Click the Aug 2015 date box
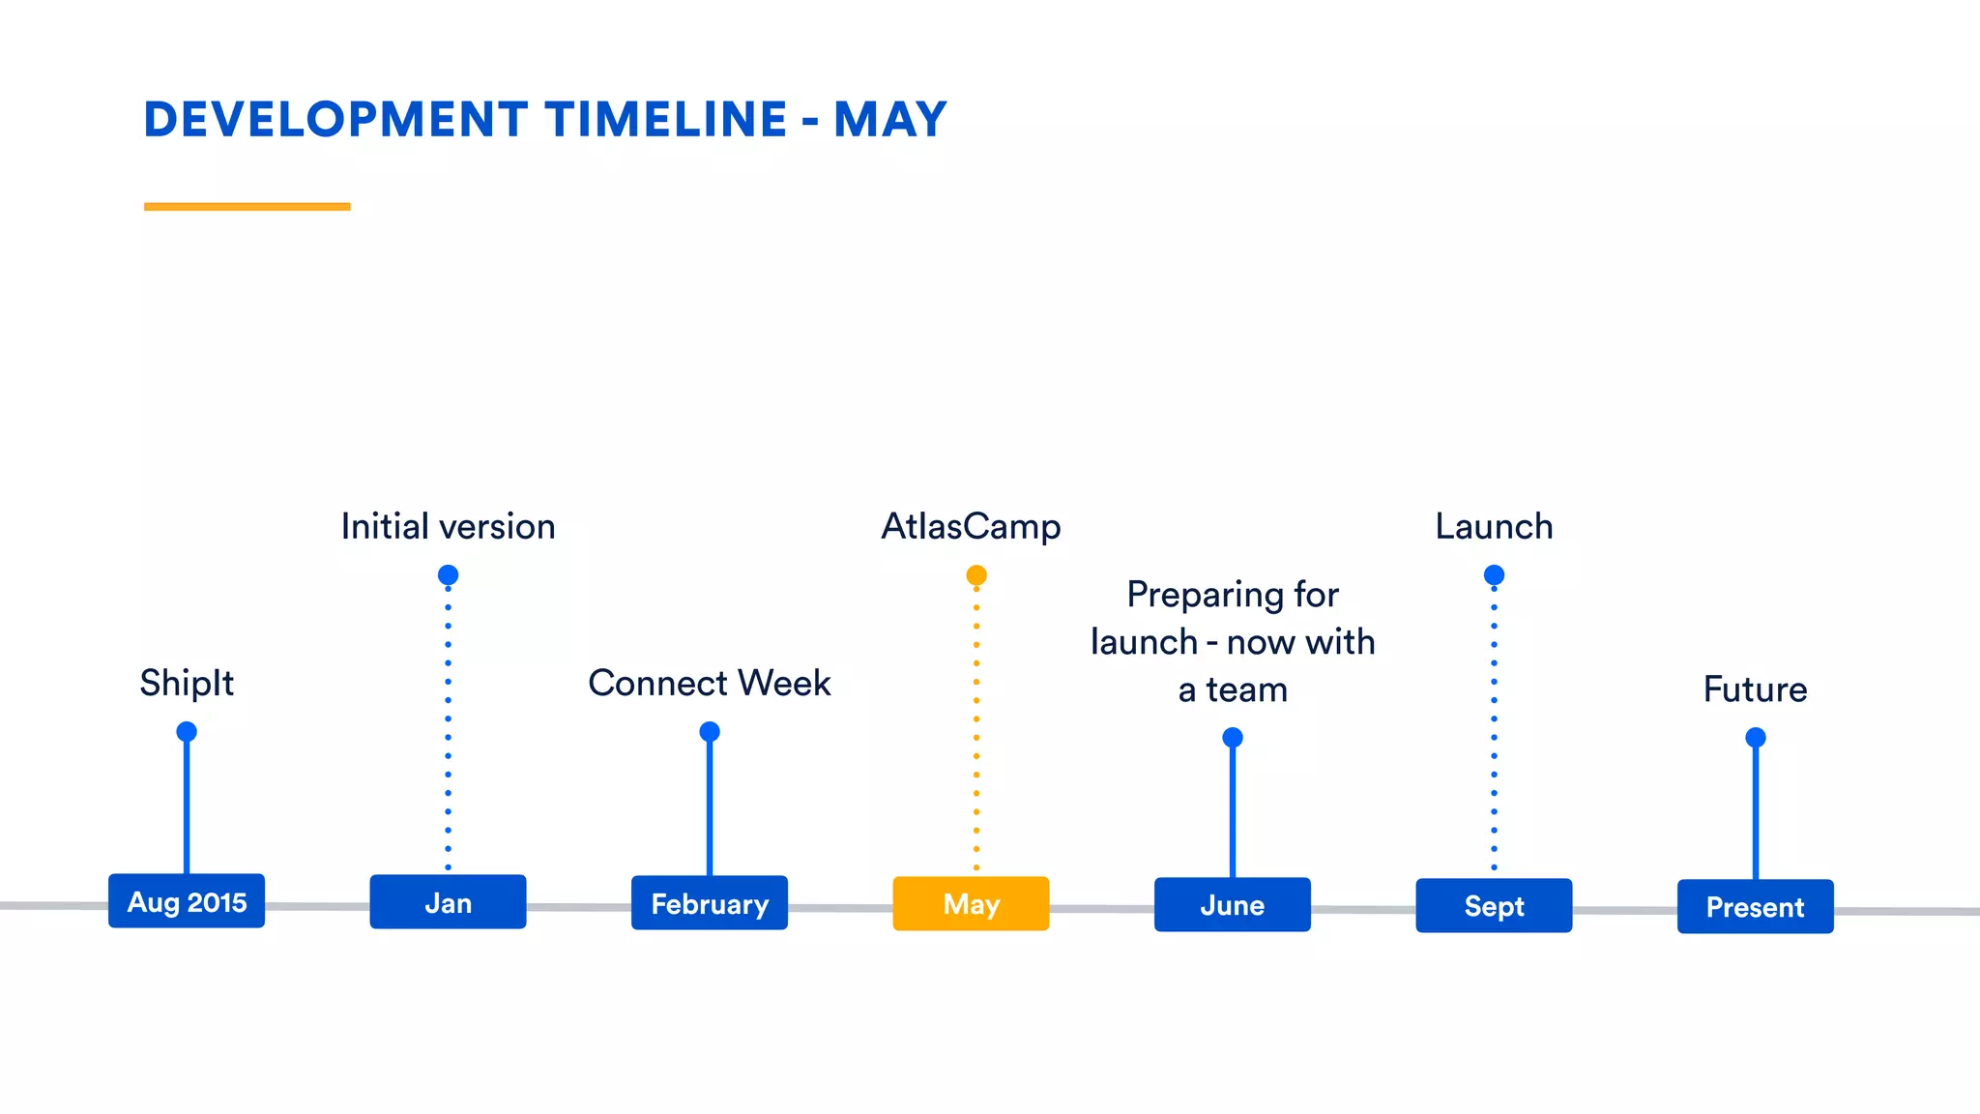[x=187, y=901]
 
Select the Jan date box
[x=448, y=902]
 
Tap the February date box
[x=710, y=903]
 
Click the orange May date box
[x=971, y=904]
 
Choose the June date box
[x=1233, y=905]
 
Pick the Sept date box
[x=1494, y=906]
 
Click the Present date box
[x=1755, y=907]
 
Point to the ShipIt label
[x=187, y=683]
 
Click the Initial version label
[x=448, y=527]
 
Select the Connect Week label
[x=710, y=683]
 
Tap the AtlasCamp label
[x=971, y=527]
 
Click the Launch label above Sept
[x=1494, y=527]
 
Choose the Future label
[x=1755, y=689]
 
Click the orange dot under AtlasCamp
[x=976, y=575]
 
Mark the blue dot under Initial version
[x=448, y=575]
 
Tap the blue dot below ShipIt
[x=187, y=731]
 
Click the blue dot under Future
[x=1756, y=738]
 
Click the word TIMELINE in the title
[x=665, y=120]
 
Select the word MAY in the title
[x=889, y=120]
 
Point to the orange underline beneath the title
[x=247, y=206]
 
